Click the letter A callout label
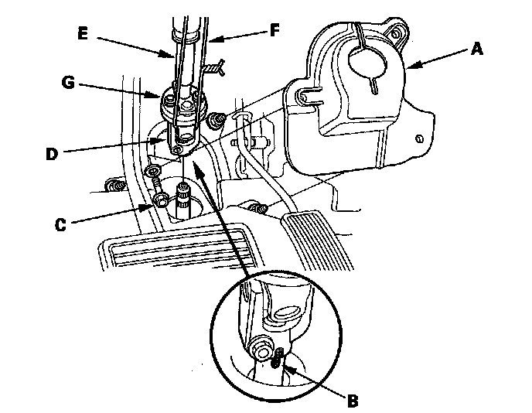coord(478,49)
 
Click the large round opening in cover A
coord(364,61)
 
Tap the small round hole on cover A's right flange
coord(418,138)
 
